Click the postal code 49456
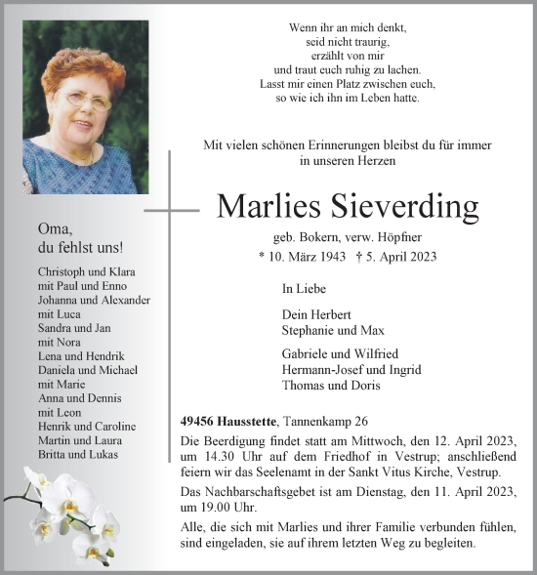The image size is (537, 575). point(201,422)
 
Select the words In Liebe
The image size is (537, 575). point(303,289)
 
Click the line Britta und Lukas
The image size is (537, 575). point(77,455)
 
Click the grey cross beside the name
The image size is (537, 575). point(171,209)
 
